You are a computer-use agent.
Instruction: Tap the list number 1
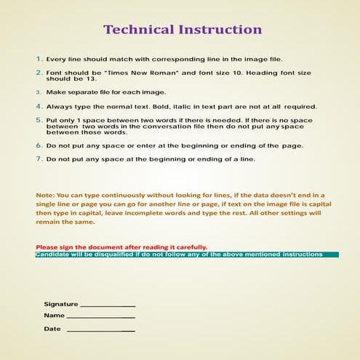(39, 58)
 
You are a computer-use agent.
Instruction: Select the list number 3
(39, 92)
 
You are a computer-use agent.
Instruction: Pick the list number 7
(39, 158)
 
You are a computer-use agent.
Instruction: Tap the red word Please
(47, 247)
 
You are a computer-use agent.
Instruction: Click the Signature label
(60, 303)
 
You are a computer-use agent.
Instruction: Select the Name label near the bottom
(54, 316)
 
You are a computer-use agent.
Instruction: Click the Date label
(52, 329)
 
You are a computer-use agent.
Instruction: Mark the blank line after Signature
(108, 305)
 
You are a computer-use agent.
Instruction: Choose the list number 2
(39, 73)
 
